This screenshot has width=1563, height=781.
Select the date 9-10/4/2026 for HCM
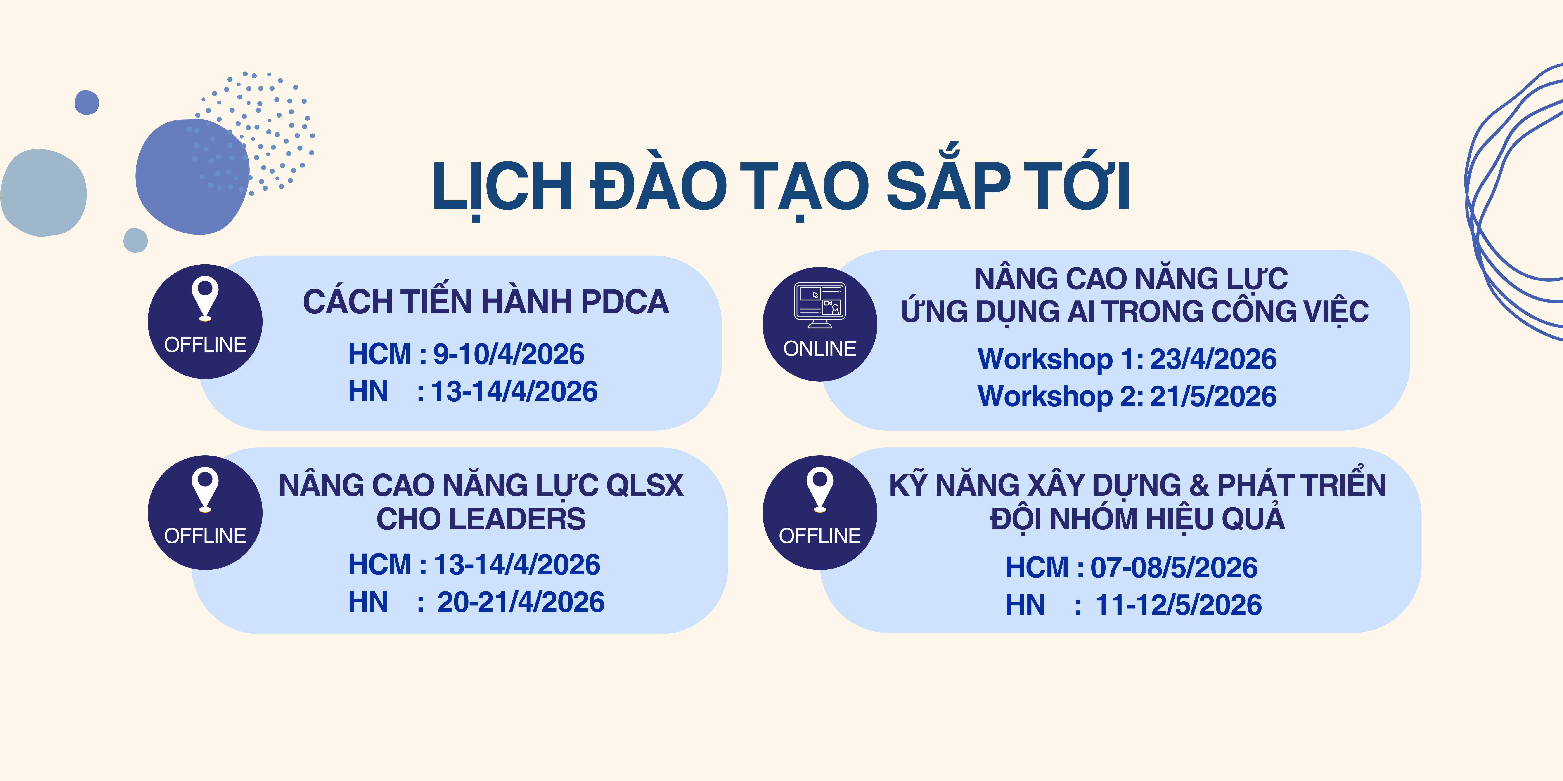[x=509, y=354]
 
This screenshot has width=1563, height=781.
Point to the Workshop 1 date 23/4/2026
[x=1213, y=359]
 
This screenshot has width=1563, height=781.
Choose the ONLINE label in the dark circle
[x=820, y=349]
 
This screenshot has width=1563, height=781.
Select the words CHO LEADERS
[x=481, y=519]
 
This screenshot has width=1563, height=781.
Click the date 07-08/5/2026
[x=1174, y=568]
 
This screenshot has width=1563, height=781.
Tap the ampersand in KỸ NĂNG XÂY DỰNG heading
[x=1198, y=485]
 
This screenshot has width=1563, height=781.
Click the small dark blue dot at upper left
[x=87, y=102]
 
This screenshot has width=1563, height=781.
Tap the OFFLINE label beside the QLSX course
[x=205, y=536]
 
